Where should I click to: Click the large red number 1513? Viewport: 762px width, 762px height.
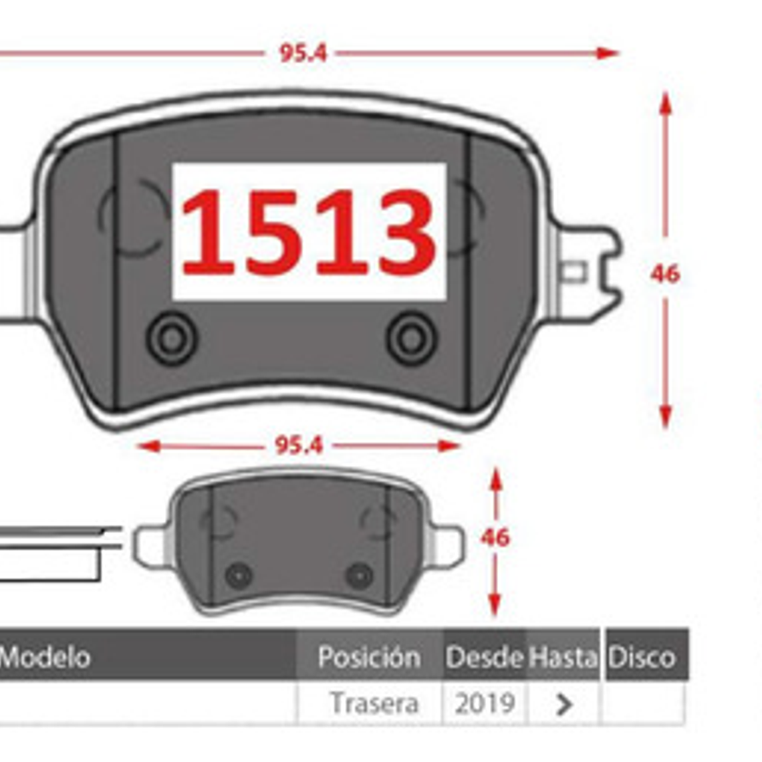[309, 231]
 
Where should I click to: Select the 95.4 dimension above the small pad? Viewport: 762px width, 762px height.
[299, 445]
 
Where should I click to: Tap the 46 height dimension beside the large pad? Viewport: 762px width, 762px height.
[664, 273]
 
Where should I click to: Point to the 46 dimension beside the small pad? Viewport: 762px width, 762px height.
[495, 537]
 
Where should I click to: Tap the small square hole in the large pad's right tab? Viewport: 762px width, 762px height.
[573, 273]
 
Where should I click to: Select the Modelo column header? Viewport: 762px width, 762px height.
[45, 657]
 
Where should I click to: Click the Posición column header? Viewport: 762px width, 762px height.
[369, 657]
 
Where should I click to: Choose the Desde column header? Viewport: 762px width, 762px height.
[484, 657]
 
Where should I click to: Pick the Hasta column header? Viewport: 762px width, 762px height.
[563, 657]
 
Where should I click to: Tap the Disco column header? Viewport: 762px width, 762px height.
[642, 657]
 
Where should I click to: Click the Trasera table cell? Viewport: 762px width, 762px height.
[374, 703]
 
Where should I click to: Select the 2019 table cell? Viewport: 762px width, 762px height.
[485, 703]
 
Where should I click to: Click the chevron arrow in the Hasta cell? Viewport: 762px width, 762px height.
[564, 704]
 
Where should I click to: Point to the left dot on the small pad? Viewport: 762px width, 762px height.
[239, 575]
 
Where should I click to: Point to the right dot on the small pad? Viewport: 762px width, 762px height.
[360, 575]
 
